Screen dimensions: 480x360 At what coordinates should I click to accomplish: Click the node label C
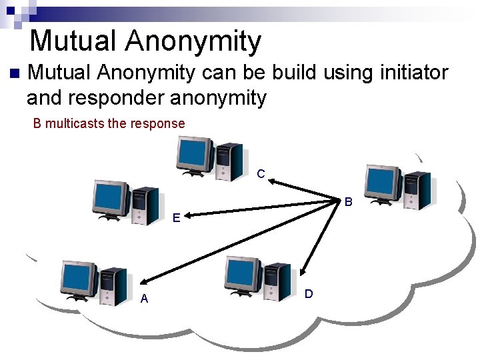(x=261, y=174)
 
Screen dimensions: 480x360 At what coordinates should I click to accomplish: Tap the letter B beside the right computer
(x=348, y=201)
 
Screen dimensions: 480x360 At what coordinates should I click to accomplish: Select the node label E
(x=176, y=217)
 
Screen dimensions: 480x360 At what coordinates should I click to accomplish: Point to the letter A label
(x=144, y=299)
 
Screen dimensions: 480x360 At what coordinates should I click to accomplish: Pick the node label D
(x=309, y=293)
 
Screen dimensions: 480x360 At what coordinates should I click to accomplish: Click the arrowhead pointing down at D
(x=303, y=271)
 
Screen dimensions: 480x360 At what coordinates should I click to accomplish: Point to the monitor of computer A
(x=79, y=279)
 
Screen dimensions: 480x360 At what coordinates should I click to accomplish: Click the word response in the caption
(x=159, y=123)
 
